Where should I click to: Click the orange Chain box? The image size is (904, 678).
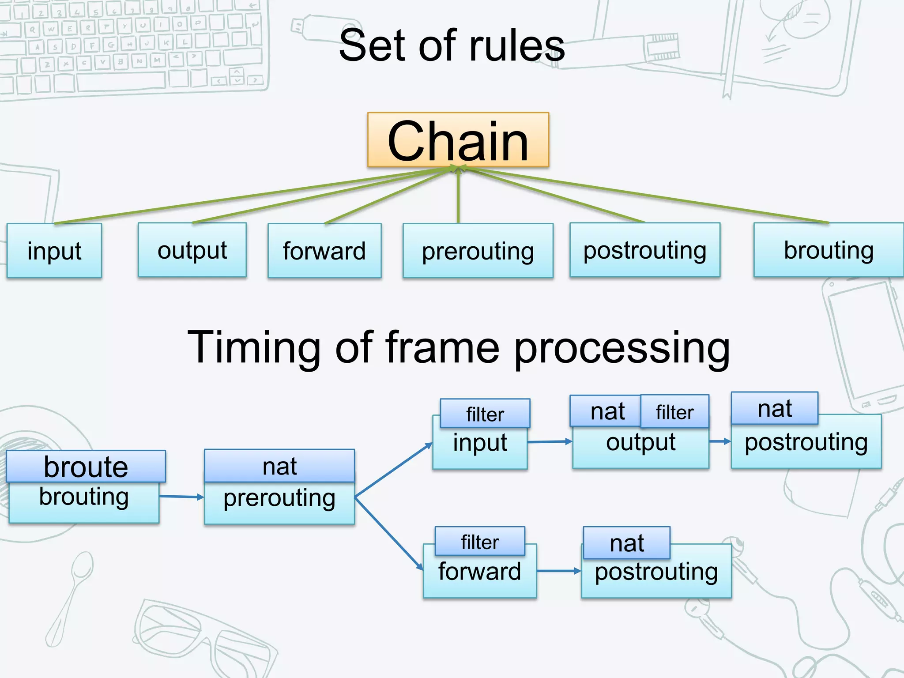click(458, 140)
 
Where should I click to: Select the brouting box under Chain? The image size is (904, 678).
click(828, 250)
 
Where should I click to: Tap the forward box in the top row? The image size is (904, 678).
click(324, 251)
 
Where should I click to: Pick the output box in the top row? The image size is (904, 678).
click(192, 250)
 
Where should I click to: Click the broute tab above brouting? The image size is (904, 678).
click(86, 466)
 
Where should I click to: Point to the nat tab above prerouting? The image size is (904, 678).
click(279, 466)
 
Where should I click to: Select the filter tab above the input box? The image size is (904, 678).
click(485, 414)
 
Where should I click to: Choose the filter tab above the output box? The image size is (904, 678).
click(674, 412)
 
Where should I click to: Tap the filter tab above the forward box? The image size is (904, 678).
click(480, 541)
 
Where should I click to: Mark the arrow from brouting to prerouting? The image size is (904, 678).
click(181, 497)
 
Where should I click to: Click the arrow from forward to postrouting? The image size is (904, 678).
click(559, 571)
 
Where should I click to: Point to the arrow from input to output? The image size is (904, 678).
click(550, 441)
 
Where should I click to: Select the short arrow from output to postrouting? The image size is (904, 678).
click(720, 441)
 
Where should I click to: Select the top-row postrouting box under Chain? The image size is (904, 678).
click(644, 250)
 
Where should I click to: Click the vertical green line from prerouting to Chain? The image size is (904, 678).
click(458, 196)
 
